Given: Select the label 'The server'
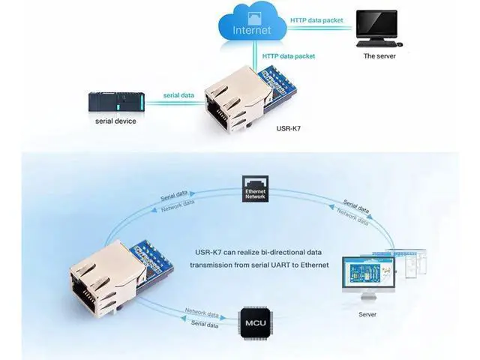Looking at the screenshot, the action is (x=379, y=56).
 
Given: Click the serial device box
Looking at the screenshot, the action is (x=116, y=101).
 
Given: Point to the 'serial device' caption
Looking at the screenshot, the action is (x=115, y=121).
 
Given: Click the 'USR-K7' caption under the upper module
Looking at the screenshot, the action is (x=288, y=128).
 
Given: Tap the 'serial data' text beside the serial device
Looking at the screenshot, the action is (x=178, y=95).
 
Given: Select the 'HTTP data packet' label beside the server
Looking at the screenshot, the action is (x=316, y=20).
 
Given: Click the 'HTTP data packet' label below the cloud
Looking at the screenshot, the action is (x=288, y=56).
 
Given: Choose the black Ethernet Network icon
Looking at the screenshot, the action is (x=255, y=188).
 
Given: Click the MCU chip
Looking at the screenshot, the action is (x=256, y=323).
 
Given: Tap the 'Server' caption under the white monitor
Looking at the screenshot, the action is (x=367, y=314).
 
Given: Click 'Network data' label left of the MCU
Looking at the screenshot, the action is (x=202, y=313).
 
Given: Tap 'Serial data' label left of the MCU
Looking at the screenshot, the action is (x=205, y=324).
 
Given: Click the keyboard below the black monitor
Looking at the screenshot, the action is (x=376, y=44).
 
